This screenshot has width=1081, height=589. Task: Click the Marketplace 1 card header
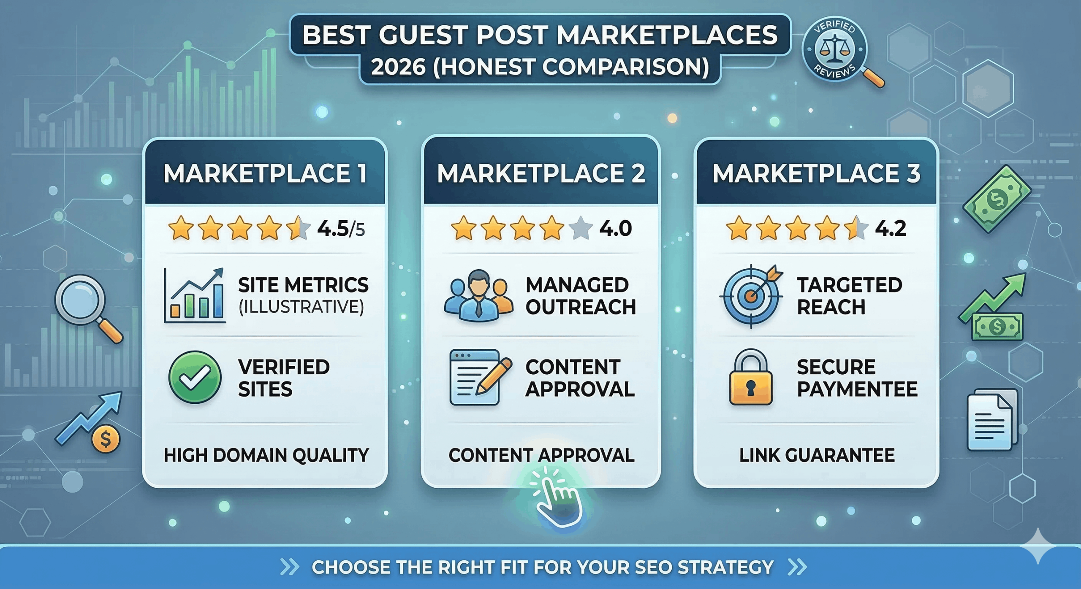pyautogui.click(x=265, y=173)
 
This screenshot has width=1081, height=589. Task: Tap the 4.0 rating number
pyautogui.click(x=615, y=229)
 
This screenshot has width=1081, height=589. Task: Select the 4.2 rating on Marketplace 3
pyautogui.click(x=890, y=229)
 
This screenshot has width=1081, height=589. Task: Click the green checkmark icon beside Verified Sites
pyautogui.click(x=195, y=377)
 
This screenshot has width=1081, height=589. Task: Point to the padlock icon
pyautogui.click(x=751, y=377)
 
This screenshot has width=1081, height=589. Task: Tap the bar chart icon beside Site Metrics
pyautogui.click(x=195, y=296)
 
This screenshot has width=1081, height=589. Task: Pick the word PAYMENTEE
pyautogui.click(x=857, y=389)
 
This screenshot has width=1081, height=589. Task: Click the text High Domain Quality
pyautogui.click(x=266, y=455)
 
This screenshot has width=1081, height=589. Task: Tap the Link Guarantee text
pyautogui.click(x=817, y=455)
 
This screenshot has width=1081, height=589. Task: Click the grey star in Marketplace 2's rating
pyautogui.click(x=581, y=228)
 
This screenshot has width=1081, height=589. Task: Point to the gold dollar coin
pyautogui.click(x=106, y=439)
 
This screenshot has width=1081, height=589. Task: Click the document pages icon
pyautogui.click(x=992, y=419)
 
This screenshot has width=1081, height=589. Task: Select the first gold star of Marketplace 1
pyautogui.click(x=181, y=228)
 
